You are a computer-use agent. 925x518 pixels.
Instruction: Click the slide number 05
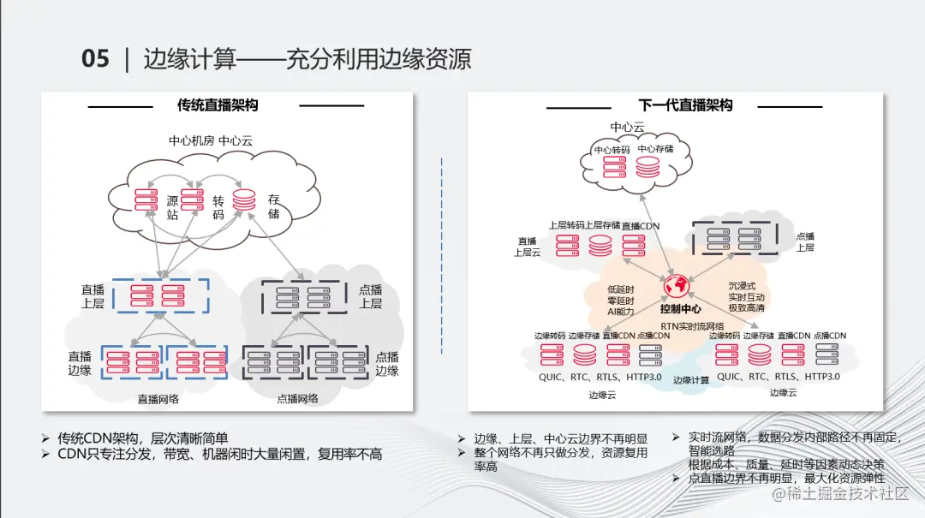pos(95,58)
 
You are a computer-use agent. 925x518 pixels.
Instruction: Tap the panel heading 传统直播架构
pos(218,105)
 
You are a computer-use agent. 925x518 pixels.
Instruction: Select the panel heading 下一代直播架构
pos(685,105)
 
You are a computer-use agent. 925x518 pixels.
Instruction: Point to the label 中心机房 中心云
pos(210,140)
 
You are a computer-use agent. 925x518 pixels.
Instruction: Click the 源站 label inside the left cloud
pos(172,207)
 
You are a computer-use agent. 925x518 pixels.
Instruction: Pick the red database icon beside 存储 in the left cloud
pos(244,200)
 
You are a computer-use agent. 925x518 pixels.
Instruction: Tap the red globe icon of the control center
pos(677,284)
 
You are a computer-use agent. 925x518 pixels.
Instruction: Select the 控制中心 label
pos(680,308)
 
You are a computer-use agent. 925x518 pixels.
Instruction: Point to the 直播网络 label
pos(158,398)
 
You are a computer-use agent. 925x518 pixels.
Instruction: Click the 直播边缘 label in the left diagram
pos(80,363)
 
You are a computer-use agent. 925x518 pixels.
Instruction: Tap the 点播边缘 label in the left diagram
pos(387,363)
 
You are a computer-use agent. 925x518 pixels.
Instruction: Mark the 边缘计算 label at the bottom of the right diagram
pos(690,380)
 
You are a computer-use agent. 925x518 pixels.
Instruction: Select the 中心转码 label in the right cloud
pos(612,150)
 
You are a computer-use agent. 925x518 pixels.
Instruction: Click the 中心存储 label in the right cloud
pos(655,149)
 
